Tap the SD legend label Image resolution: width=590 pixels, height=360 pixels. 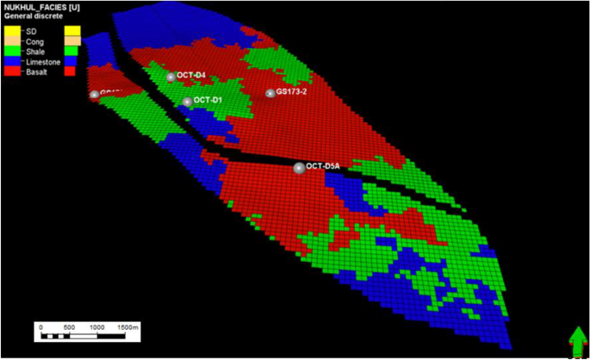point(32,31)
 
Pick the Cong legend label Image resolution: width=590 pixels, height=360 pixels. point(35,41)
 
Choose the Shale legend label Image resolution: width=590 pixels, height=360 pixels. point(36,52)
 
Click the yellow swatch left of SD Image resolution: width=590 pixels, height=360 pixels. point(11,31)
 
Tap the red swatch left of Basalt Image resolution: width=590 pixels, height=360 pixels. point(11,72)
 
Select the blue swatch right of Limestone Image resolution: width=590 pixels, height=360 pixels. point(72,62)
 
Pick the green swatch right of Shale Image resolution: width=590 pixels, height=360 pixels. point(72,52)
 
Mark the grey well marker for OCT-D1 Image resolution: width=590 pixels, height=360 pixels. point(187,102)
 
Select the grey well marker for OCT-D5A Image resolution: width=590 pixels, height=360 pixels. point(299,168)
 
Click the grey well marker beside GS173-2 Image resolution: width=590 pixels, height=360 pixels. point(270,93)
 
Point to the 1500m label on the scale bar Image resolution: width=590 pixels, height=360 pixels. point(127,327)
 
